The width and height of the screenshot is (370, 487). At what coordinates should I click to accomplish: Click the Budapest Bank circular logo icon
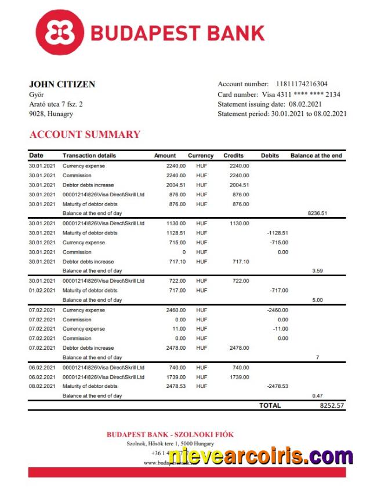coord(59,32)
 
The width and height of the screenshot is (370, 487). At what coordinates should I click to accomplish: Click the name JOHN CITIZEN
coord(62,85)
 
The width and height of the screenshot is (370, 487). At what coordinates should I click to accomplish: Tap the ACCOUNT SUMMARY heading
coord(85,134)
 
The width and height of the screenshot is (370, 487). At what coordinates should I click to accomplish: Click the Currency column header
coord(201,156)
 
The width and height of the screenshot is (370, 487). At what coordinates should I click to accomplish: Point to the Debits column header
coord(270,156)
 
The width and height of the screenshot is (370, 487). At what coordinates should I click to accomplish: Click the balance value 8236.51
coord(317,213)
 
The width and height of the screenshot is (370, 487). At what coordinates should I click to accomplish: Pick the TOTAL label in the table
coord(270,405)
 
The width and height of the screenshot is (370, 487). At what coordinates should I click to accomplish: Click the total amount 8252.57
coord(332,405)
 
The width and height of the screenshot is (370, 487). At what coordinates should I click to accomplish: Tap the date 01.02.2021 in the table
coord(42,290)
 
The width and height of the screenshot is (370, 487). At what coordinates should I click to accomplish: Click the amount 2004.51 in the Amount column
coord(176,185)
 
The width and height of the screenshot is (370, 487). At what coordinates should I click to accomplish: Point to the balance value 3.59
coord(317,270)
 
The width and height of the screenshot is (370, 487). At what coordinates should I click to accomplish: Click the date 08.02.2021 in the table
coord(42,386)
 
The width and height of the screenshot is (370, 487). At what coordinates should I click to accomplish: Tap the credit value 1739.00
coord(239,376)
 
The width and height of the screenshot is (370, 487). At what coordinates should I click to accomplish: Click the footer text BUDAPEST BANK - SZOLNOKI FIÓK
coord(170,434)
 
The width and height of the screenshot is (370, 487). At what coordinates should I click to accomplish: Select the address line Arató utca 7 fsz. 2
coord(56,104)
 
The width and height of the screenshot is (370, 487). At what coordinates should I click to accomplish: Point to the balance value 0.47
coord(317,396)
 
